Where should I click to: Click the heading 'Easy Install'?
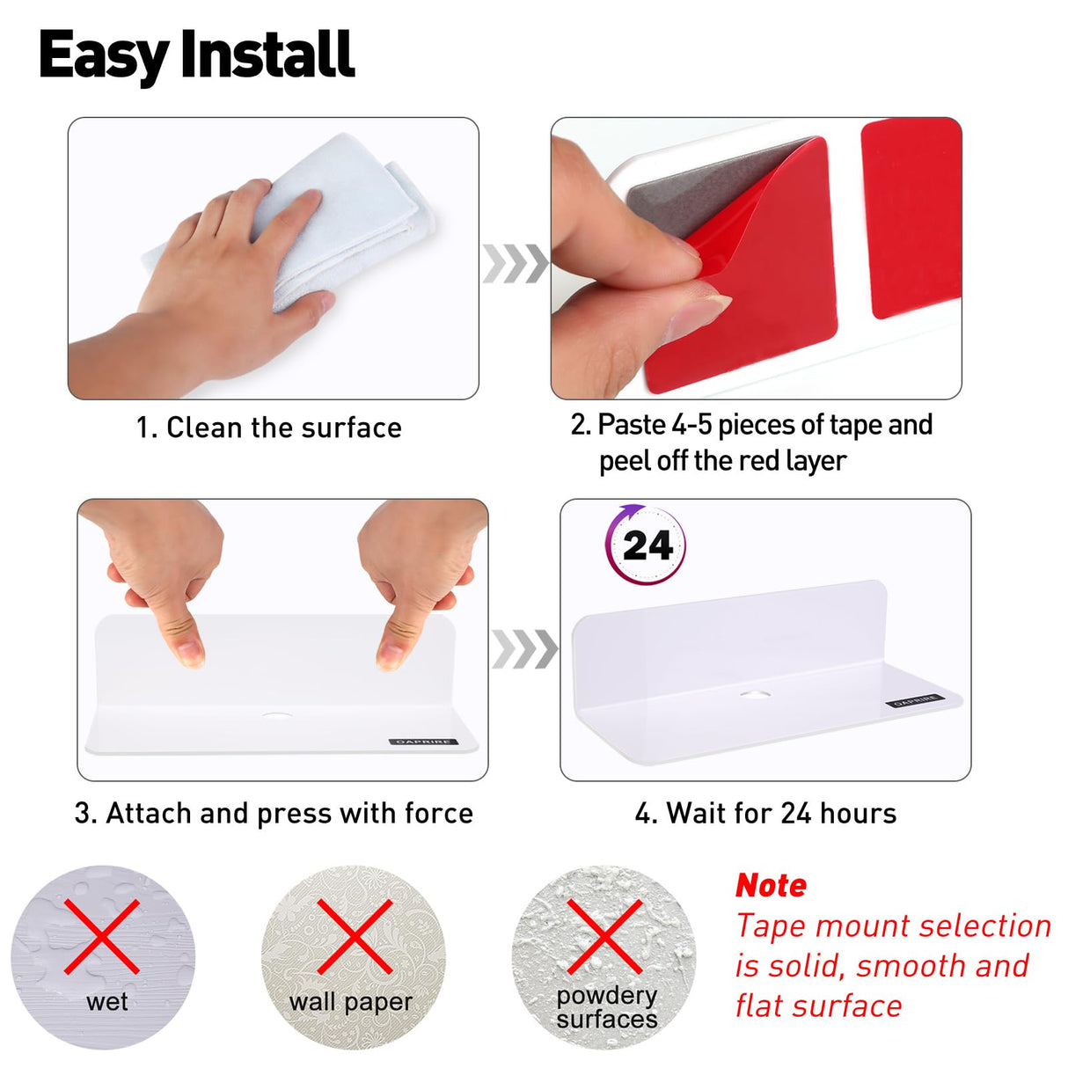(x=197, y=55)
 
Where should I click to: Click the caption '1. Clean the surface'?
(x=269, y=428)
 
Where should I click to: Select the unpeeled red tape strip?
(x=911, y=219)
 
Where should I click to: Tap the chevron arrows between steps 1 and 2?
(x=516, y=263)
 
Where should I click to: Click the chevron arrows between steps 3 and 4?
(x=524, y=649)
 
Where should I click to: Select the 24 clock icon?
(x=646, y=545)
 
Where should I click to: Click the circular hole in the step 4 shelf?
(x=756, y=693)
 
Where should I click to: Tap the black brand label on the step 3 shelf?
(x=423, y=742)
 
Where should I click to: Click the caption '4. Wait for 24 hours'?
(x=765, y=814)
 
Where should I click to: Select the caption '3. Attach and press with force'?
(x=274, y=814)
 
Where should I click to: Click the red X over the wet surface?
(x=102, y=937)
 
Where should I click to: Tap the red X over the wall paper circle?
(x=355, y=937)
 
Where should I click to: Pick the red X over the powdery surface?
(x=604, y=937)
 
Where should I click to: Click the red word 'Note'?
(x=771, y=885)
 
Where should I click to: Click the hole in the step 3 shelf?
(x=277, y=715)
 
